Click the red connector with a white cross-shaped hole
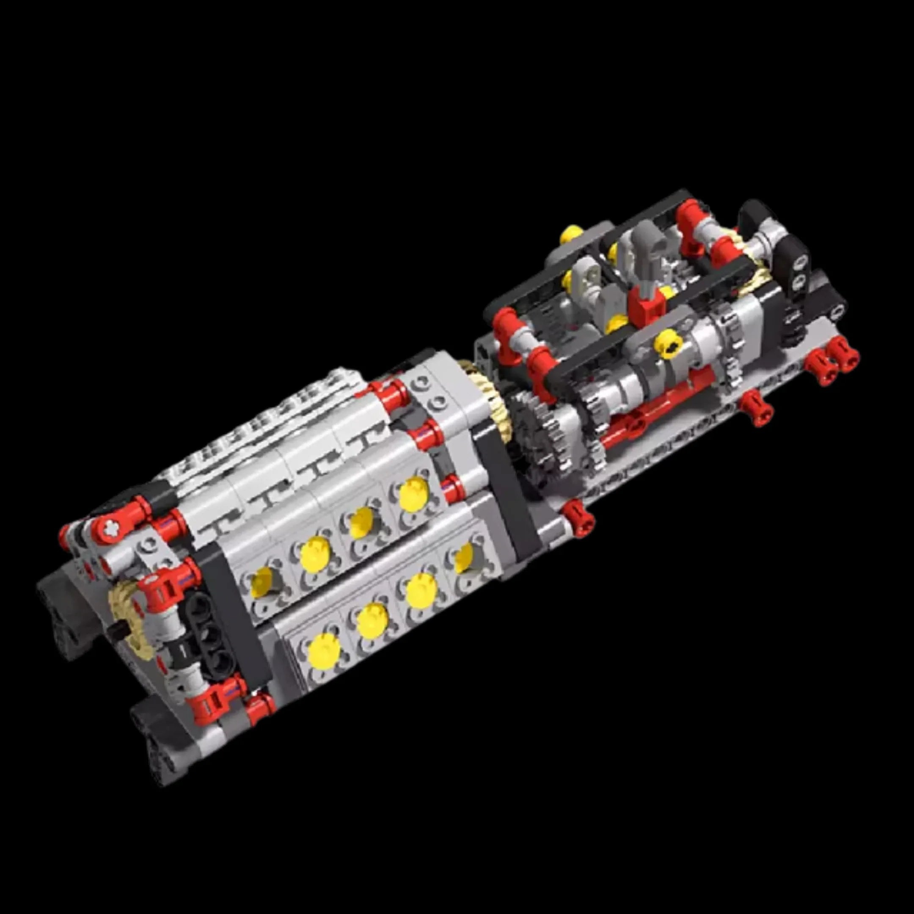[x=108, y=525]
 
